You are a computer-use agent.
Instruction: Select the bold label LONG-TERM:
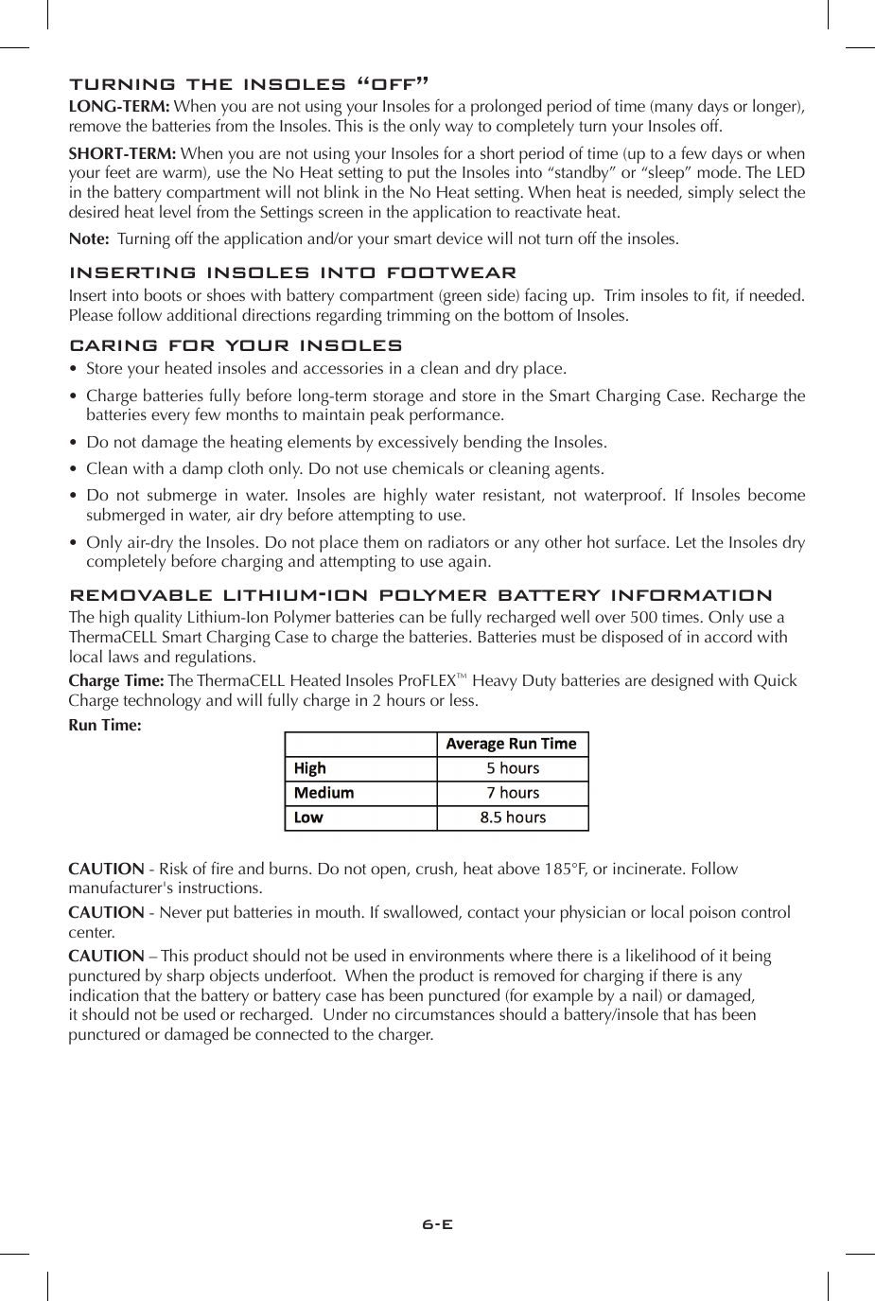coord(119,107)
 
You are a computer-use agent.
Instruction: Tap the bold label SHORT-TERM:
coord(122,153)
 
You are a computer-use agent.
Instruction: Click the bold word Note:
coord(89,238)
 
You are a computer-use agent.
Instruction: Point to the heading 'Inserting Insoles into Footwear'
coord(293,273)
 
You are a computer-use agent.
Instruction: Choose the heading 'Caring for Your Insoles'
coord(236,346)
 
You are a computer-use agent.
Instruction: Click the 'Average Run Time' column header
coord(511,744)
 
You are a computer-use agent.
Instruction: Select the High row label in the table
coord(310,768)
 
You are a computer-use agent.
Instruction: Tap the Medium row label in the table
coord(324,793)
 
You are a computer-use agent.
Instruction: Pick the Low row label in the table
coord(308,818)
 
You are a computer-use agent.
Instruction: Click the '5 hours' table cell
coord(513,768)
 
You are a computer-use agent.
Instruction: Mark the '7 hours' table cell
coord(513,793)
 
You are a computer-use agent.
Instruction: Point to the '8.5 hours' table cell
coord(513,818)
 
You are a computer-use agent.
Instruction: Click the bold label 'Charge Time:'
coord(116,681)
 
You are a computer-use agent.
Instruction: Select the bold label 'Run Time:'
coord(105,726)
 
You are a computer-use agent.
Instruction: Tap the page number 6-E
coord(438,1223)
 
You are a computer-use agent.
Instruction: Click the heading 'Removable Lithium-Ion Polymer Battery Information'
coord(421,596)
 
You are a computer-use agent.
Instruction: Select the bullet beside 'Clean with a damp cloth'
coord(74,469)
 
